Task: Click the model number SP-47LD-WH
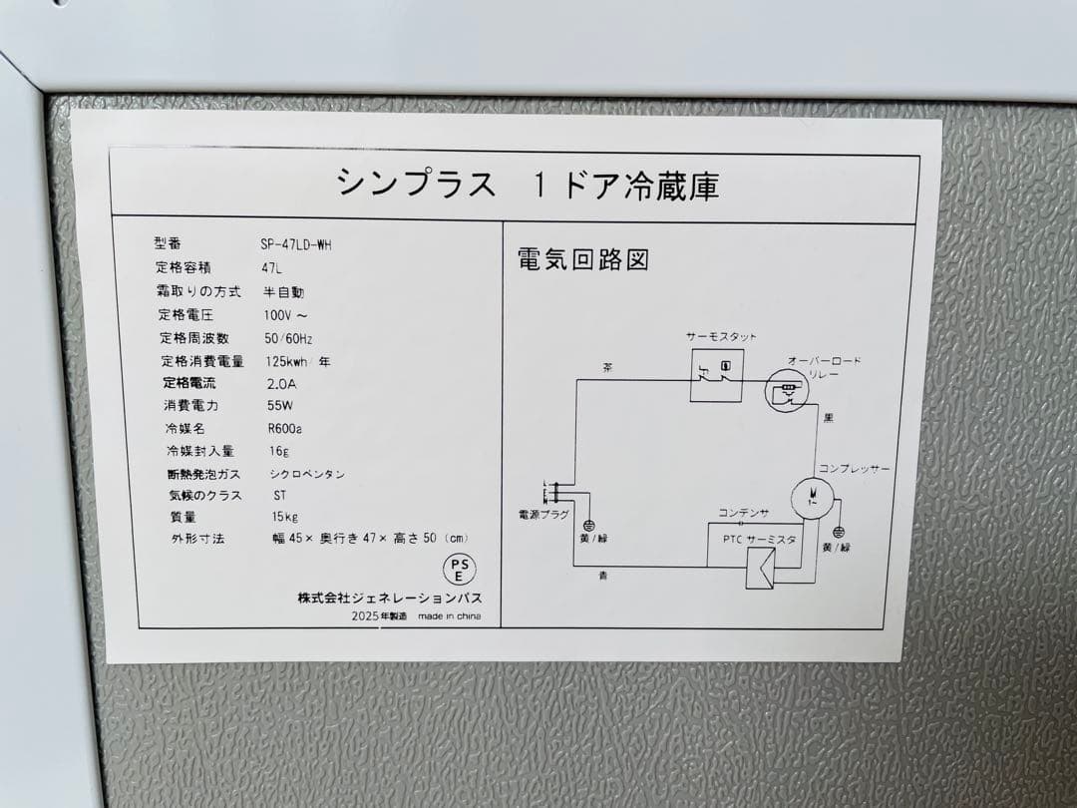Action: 295,244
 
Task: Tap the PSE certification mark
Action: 459,570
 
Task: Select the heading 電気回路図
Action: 582,260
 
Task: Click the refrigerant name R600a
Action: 285,428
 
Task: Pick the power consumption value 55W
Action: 279,406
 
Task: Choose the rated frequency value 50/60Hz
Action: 288,338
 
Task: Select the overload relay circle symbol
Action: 786,390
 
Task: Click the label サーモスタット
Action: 721,337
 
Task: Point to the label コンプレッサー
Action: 855,468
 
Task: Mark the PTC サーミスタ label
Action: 759,540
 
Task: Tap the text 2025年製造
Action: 379,616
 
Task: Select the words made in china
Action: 449,616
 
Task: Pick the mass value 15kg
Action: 285,517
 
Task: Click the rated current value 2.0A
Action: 282,383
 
